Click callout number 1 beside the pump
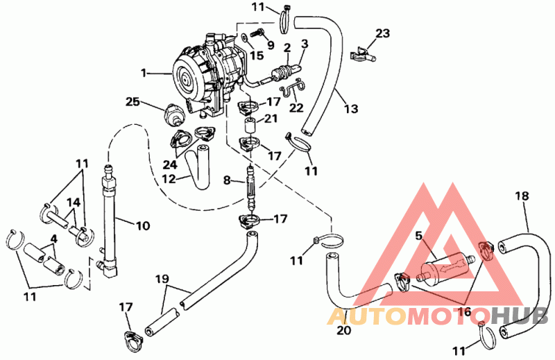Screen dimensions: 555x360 [x=144, y=73]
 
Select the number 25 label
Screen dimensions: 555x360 [x=133, y=102]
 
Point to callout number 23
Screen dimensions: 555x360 [x=383, y=33]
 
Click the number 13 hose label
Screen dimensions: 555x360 [x=351, y=109]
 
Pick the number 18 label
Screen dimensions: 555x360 [x=522, y=196]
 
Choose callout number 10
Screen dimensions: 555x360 [x=143, y=225]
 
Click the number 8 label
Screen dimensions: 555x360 [x=227, y=180]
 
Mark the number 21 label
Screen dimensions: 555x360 [x=271, y=118]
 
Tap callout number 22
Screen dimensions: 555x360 [x=296, y=108]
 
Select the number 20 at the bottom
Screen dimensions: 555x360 [x=343, y=330]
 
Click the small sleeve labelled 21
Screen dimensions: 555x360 [x=250, y=126]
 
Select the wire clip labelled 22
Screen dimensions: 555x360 [x=293, y=87]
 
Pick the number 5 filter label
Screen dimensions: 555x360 [x=419, y=236]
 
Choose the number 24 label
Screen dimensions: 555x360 [x=170, y=164]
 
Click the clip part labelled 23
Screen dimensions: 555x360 [x=363, y=55]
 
